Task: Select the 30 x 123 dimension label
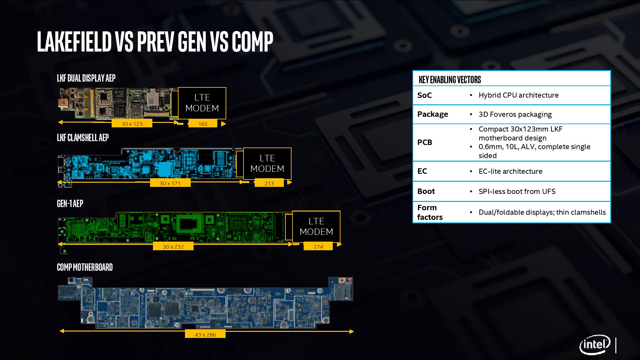tap(132, 124)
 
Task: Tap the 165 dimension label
tap(203, 124)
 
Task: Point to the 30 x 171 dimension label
tap(170, 183)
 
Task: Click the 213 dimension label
tap(269, 183)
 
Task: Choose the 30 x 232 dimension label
tap(173, 247)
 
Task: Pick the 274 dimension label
tap(318, 247)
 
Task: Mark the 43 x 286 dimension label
tap(205, 335)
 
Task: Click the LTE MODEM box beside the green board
tap(316, 227)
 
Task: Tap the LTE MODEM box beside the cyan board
tap(267, 164)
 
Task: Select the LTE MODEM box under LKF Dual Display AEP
tap(202, 103)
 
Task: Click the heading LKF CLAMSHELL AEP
tap(83, 138)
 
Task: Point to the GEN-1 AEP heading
tap(70, 204)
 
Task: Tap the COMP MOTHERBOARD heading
tap(85, 268)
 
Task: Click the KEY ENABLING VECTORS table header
tap(450, 80)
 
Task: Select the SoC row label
tap(425, 95)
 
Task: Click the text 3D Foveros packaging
tap(515, 115)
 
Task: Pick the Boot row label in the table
tap(426, 191)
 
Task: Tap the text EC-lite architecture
tap(510, 171)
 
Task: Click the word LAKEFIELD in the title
tap(74, 42)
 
